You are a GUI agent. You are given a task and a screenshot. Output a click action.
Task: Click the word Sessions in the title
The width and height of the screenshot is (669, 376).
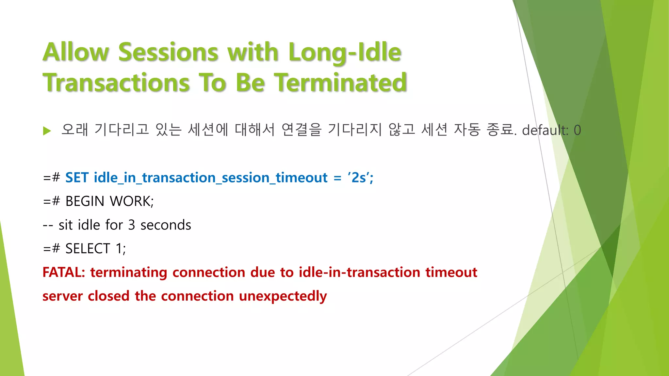coord(168,52)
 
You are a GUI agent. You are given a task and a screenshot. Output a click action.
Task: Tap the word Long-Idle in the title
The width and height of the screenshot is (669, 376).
coord(345,52)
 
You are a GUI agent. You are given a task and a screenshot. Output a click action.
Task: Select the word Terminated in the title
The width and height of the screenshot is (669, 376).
coord(340,83)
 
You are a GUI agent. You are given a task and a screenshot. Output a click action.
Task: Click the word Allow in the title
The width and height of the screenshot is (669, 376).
coord(76,52)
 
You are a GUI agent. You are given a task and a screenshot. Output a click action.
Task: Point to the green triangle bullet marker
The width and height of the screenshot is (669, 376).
coord(47,131)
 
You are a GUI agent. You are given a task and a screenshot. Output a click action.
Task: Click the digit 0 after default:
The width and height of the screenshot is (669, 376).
coord(577,130)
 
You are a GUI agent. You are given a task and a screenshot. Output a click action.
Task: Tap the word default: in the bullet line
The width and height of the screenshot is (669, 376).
coord(545,130)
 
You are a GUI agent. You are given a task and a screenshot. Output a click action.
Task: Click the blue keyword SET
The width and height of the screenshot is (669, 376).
coord(77,178)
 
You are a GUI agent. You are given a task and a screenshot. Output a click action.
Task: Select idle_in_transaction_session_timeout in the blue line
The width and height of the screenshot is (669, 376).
coord(210,178)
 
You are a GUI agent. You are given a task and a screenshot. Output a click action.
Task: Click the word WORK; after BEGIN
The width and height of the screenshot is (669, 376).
coord(132,201)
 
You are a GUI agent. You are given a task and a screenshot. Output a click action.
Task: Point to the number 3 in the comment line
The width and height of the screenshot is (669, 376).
coord(131,225)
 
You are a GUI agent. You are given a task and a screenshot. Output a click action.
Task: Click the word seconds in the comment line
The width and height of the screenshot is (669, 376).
coord(166,225)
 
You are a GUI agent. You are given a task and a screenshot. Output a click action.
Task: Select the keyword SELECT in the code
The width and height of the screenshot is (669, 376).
coord(88,249)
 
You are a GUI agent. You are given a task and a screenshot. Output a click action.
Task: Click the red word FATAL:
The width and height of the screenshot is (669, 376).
coord(64,273)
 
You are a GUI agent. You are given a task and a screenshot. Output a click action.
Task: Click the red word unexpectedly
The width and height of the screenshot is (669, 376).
coord(283,296)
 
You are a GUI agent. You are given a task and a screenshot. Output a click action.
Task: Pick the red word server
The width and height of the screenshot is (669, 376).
coord(62,296)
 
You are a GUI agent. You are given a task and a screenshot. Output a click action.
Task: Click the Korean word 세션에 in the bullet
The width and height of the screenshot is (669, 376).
coord(208,130)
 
